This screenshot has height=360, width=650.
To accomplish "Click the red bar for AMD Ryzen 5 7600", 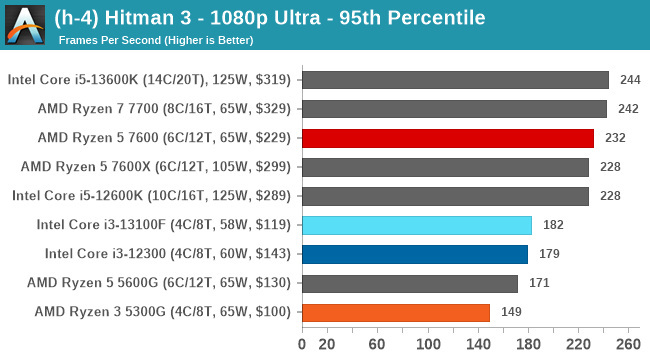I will [447, 138].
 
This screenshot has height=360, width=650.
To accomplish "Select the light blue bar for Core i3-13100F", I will [416, 225].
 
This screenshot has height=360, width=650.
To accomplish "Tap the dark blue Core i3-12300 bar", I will [414, 254].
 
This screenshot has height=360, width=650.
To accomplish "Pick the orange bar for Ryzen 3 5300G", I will [395, 312].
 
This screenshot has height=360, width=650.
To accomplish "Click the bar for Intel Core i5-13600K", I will [454, 80].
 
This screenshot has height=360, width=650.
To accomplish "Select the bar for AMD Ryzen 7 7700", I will [453, 109].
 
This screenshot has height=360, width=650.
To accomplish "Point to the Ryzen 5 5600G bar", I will [409, 283].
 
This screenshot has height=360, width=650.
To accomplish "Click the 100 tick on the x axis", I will [427, 345].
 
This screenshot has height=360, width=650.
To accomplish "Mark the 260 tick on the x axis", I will [628, 345].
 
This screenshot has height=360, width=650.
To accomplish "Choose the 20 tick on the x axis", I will [326, 345].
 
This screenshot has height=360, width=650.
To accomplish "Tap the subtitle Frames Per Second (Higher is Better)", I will [156, 40].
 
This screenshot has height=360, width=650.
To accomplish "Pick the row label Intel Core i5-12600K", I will [151, 196].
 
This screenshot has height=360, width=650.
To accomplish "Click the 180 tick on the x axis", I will [527, 345].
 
